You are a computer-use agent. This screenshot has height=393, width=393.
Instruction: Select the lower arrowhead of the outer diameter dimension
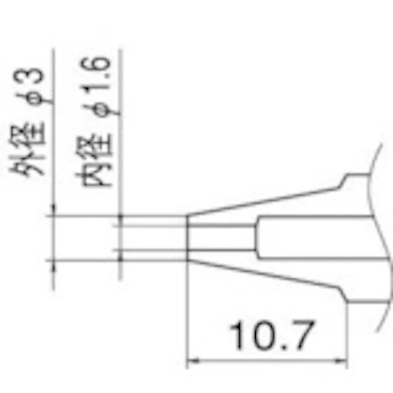coord(53,265)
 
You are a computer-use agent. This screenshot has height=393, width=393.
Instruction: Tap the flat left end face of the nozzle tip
coord(189,238)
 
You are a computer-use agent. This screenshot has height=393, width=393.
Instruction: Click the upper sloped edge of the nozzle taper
coord(265,199)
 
